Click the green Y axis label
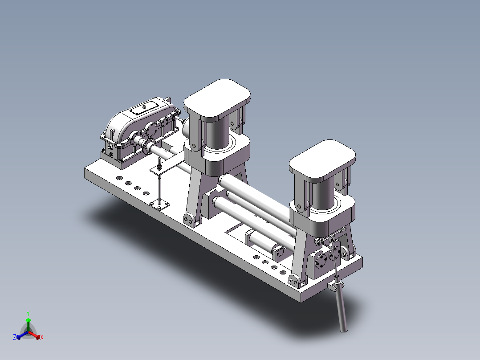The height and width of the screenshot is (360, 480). click(x=28, y=313)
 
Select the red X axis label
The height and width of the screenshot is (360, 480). click(x=42, y=338)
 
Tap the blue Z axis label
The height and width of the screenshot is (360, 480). click(x=15, y=338)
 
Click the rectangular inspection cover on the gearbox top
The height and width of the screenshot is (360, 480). click(x=145, y=107)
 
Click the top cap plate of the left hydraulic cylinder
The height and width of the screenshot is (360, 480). click(x=217, y=98)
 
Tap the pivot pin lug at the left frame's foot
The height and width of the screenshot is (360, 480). click(x=189, y=219)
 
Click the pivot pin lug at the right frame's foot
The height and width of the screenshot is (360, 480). click(x=293, y=281)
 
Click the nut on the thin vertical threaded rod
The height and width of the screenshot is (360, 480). click(x=159, y=168)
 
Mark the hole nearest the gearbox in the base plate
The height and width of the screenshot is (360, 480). click(x=119, y=178)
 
